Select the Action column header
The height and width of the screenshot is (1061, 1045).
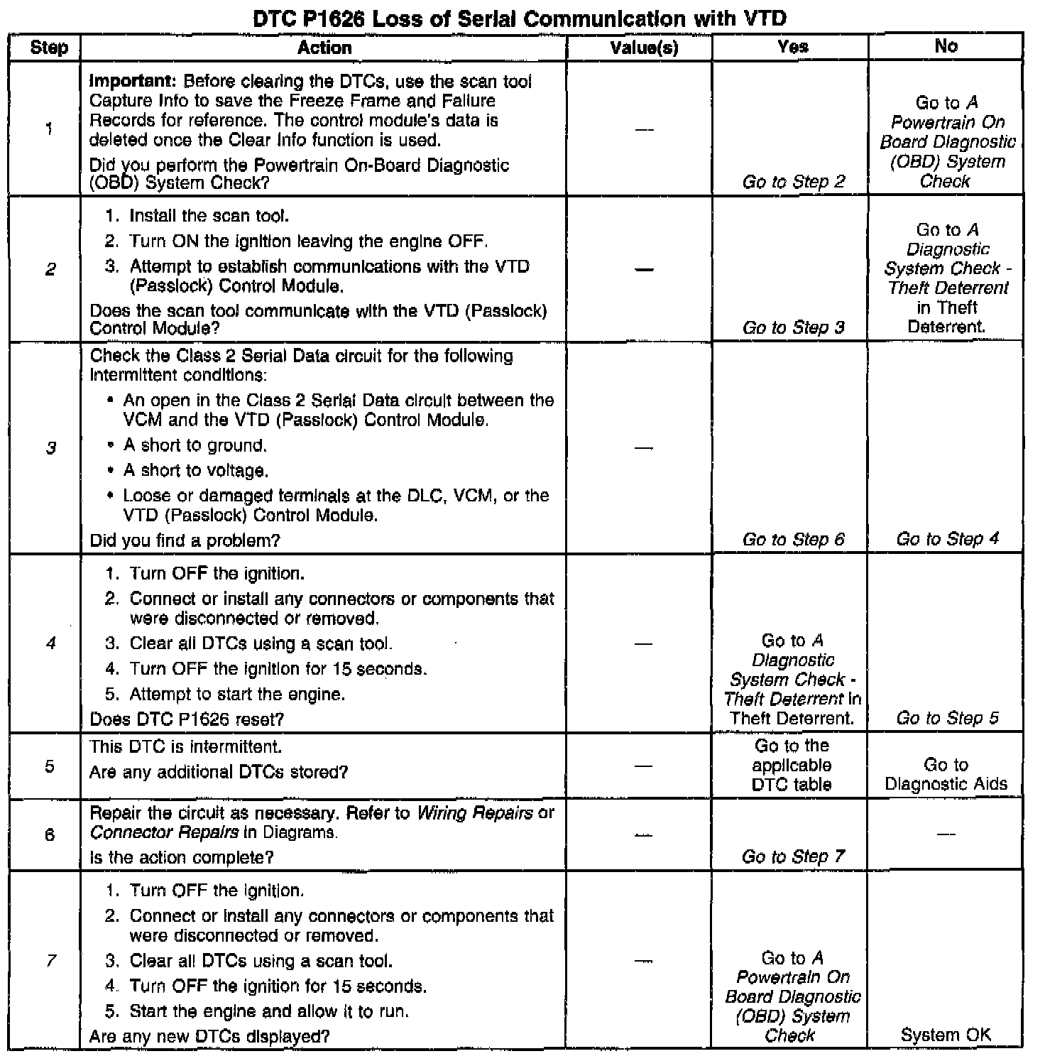(x=324, y=48)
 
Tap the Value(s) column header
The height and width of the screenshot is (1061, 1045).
(x=644, y=48)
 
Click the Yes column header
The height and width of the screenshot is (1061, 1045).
(x=792, y=47)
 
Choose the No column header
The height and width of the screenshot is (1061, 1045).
(x=946, y=46)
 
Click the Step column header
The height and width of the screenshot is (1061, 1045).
(x=49, y=48)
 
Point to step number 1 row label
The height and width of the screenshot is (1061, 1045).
(x=49, y=129)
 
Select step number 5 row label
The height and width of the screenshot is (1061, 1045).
(x=49, y=766)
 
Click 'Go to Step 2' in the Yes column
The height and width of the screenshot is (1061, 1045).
(x=793, y=182)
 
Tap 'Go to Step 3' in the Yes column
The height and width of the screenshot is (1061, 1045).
(x=793, y=327)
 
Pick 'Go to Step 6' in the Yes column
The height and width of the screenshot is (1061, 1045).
(x=793, y=540)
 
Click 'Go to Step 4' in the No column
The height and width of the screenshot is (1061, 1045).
(x=947, y=539)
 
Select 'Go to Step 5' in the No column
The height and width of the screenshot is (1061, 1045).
(x=947, y=718)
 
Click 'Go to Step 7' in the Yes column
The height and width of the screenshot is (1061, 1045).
(x=793, y=856)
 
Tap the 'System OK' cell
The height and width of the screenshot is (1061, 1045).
(x=946, y=1035)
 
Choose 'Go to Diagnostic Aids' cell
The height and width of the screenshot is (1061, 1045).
(x=946, y=775)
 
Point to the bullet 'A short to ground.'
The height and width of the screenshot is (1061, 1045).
(x=195, y=446)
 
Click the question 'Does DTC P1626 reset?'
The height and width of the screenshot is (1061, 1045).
(x=187, y=719)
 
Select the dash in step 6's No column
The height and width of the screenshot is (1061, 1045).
(x=946, y=834)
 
